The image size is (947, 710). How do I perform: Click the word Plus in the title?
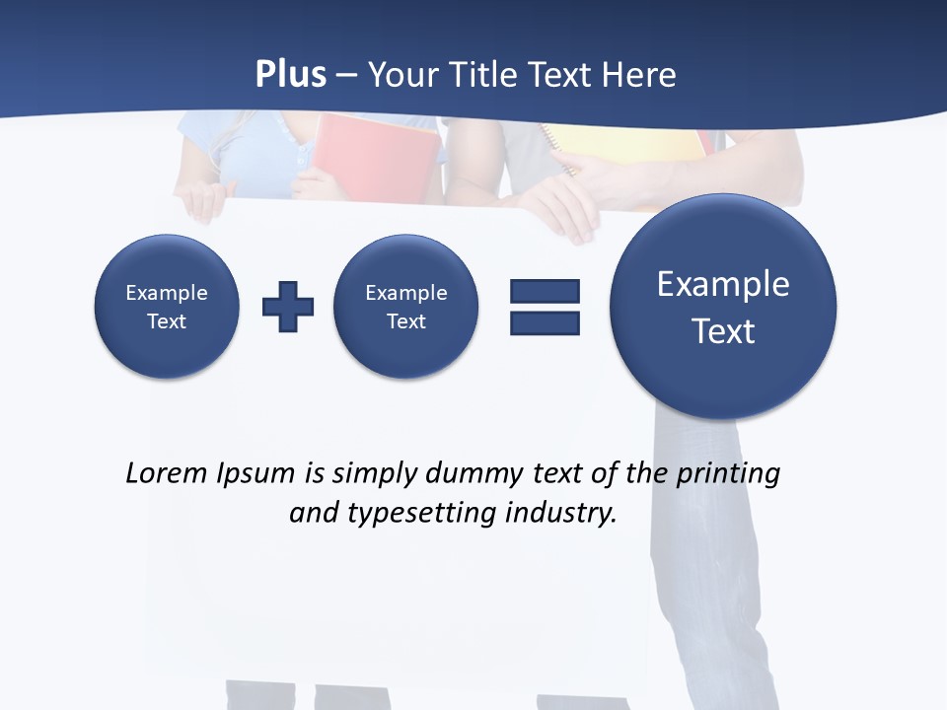tap(290, 75)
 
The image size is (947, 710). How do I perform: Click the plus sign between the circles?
tap(288, 307)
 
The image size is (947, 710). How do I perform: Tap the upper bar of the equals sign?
tap(545, 291)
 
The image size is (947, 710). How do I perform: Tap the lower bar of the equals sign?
tap(545, 322)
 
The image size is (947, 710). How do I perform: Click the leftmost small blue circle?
tap(167, 307)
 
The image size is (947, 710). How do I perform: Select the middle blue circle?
tap(406, 307)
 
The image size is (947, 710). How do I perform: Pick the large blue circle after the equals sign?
tap(723, 306)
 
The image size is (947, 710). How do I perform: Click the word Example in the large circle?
tap(723, 284)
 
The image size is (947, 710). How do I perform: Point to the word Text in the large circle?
tap(723, 331)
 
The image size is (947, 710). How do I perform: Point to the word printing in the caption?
tap(728, 474)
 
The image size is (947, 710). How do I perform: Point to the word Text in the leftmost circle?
tap(167, 321)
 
